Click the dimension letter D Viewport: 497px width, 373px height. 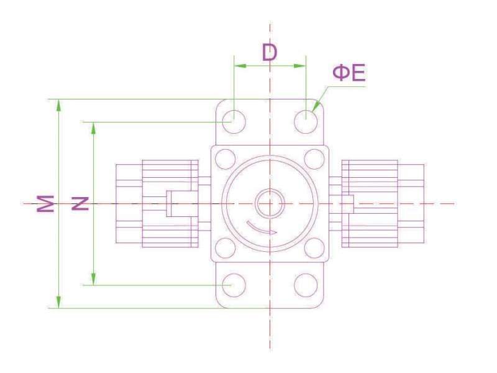pyautogui.click(x=270, y=52)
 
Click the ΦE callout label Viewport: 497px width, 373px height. pyautogui.click(x=349, y=73)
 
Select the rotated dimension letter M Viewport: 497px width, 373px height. pyautogui.click(x=45, y=203)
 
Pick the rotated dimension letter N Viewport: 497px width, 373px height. pyautogui.click(x=80, y=203)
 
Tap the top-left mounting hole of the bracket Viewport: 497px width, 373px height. pyautogui.click(x=234, y=121)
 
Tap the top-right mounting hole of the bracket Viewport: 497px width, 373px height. pyautogui.click(x=306, y=121)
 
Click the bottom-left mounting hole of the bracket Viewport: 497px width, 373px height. pyautogui.click(x=234, y=285)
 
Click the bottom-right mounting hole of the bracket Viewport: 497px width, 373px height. pyautogui.click(x=306, y=285)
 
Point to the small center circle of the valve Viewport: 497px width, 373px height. pyautogui.click(x=270, y=204)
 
